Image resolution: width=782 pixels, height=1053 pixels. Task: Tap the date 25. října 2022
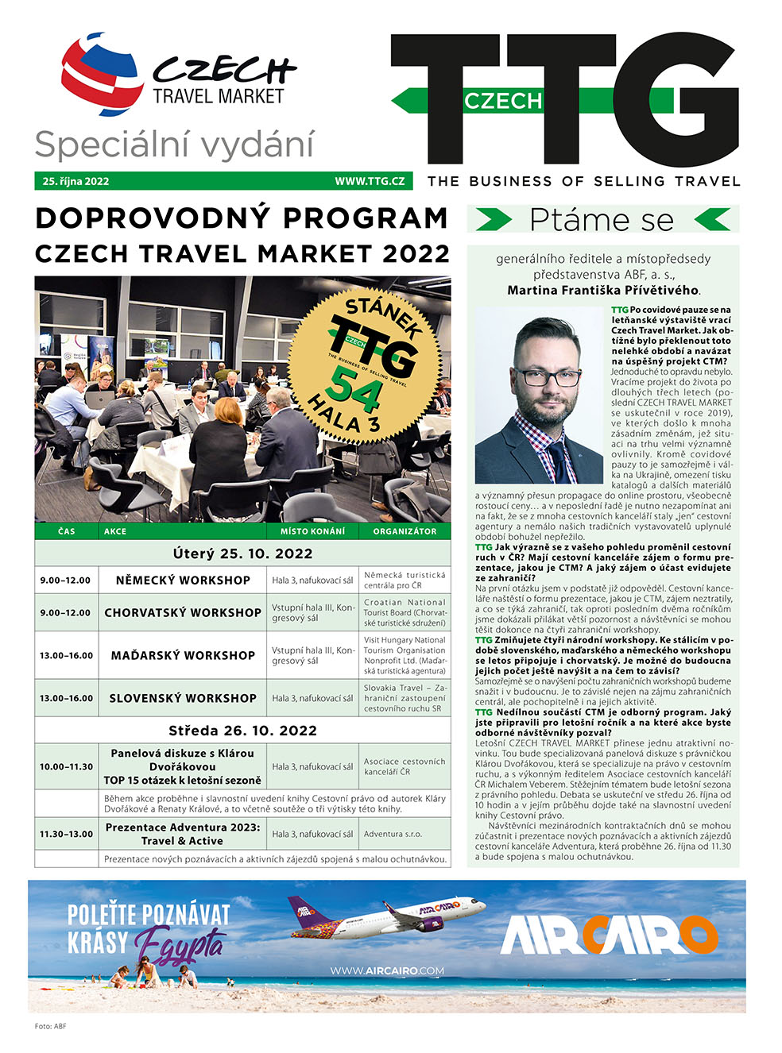click(76, 181)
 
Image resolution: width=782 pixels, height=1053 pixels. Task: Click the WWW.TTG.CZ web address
click(370, 181)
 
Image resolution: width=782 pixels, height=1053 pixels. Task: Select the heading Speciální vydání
click(175, 145)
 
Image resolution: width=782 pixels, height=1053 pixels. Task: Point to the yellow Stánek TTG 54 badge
click(367, 364)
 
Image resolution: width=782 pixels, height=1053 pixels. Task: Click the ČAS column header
click(67, 531)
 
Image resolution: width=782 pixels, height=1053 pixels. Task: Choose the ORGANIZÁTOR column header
click(405, 531)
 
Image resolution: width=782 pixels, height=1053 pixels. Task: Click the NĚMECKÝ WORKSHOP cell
click(183, 580)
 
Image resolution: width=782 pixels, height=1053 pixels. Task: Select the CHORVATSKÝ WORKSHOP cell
click(183, 613)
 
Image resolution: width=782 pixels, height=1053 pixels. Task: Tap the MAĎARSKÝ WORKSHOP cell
click(183, 656)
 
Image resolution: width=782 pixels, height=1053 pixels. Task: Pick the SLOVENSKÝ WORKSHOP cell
click(183, 699)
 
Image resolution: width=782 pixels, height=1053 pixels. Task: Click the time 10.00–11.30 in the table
click(67, 767)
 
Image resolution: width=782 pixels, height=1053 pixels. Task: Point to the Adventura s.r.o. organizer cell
click(393, 835)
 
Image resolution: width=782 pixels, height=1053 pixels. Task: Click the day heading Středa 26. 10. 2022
click(242, 731)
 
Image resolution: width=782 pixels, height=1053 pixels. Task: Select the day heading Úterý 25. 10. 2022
click(242, 553)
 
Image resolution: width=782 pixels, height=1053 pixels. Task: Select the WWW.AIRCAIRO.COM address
click(387, 970)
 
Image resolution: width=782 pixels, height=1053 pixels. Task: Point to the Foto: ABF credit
click(51, 1026)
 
